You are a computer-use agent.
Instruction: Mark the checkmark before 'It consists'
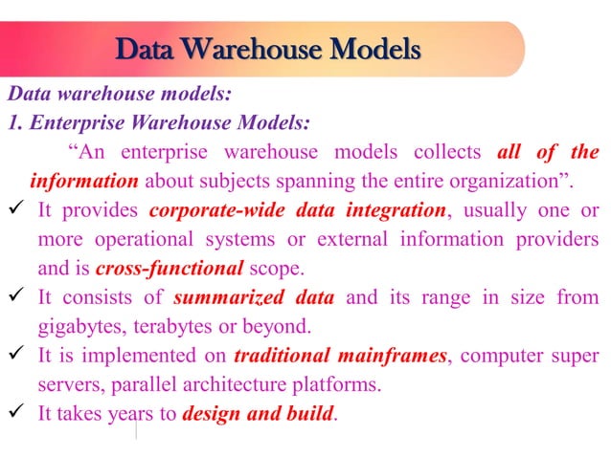[16, 298]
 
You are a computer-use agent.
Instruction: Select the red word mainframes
[394, 357]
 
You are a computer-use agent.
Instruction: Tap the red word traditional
[281, 357]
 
